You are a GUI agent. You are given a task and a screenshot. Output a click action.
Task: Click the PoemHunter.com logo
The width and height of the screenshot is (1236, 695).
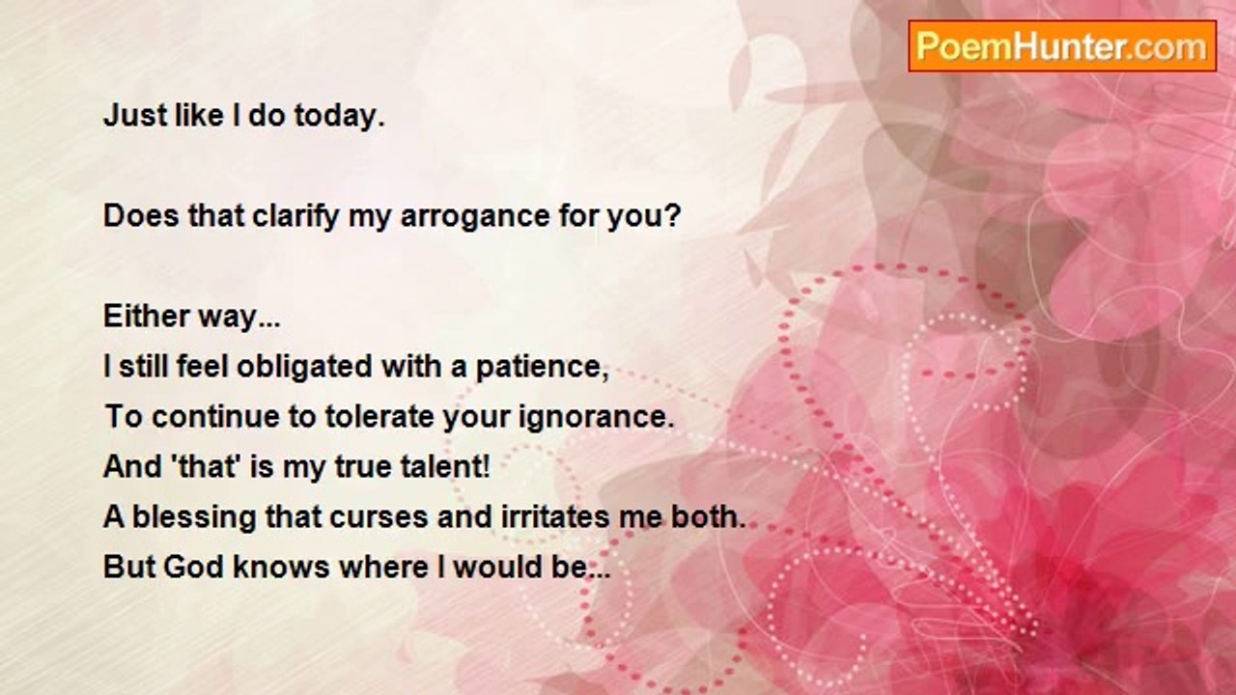point(1062,46)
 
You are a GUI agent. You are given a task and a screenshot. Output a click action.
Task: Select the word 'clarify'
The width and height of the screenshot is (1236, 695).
point(295,215)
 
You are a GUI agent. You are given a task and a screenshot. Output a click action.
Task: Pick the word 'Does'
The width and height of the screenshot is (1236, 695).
point(141,215)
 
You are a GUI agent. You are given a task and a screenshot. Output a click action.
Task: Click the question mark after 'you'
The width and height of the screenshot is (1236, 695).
point(673,215)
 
